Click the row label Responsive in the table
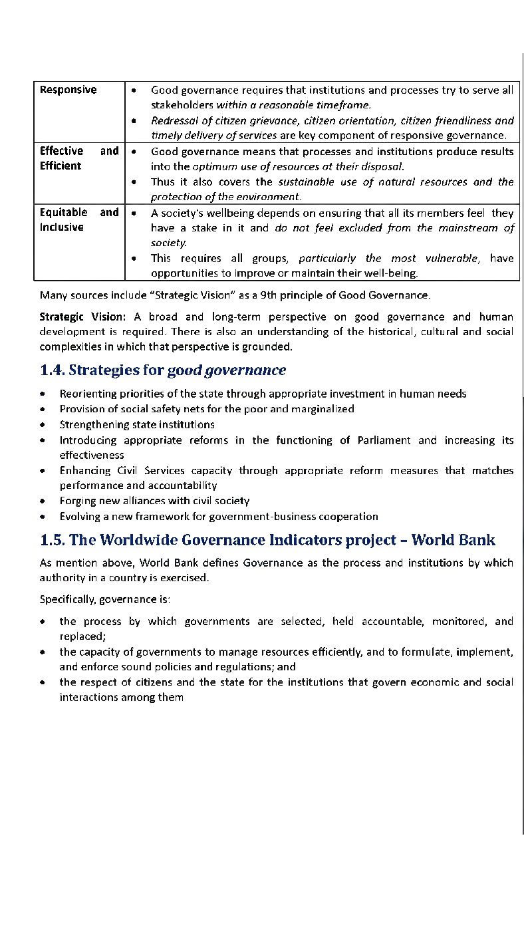[x=68, y=90]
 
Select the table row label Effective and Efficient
[x=79, y=158]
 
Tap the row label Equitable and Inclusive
[x=79, y=219]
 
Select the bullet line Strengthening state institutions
[x=137, y=424]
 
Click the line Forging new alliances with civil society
[x=154, y=501]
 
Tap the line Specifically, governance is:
[x=105, y=599]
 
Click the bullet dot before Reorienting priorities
[x=43, y=394]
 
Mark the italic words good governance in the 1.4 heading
[x=227, y=370]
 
